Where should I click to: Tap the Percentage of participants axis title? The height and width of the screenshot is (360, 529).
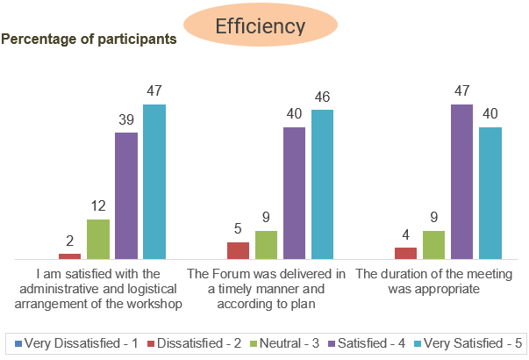[x=89, y=40]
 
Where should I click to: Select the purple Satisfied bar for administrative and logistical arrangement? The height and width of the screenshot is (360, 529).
[x=126, y=196]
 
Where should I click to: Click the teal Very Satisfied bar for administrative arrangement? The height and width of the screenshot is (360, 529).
[x=154, y=182]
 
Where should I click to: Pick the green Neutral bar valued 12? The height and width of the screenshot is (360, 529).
[x=98, y=239]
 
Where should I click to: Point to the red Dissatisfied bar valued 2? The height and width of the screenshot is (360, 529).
[x=70, y=256]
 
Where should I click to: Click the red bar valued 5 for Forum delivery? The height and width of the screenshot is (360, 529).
[x=239, y=250]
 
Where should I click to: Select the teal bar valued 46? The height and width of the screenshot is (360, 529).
[x=322, y=184]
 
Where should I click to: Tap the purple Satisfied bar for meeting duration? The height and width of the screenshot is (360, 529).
[x=462, y=182]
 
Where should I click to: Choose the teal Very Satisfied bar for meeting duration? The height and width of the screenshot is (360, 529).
[x=490, y=193]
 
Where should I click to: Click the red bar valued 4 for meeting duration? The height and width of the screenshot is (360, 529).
[x=406, y=253]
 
